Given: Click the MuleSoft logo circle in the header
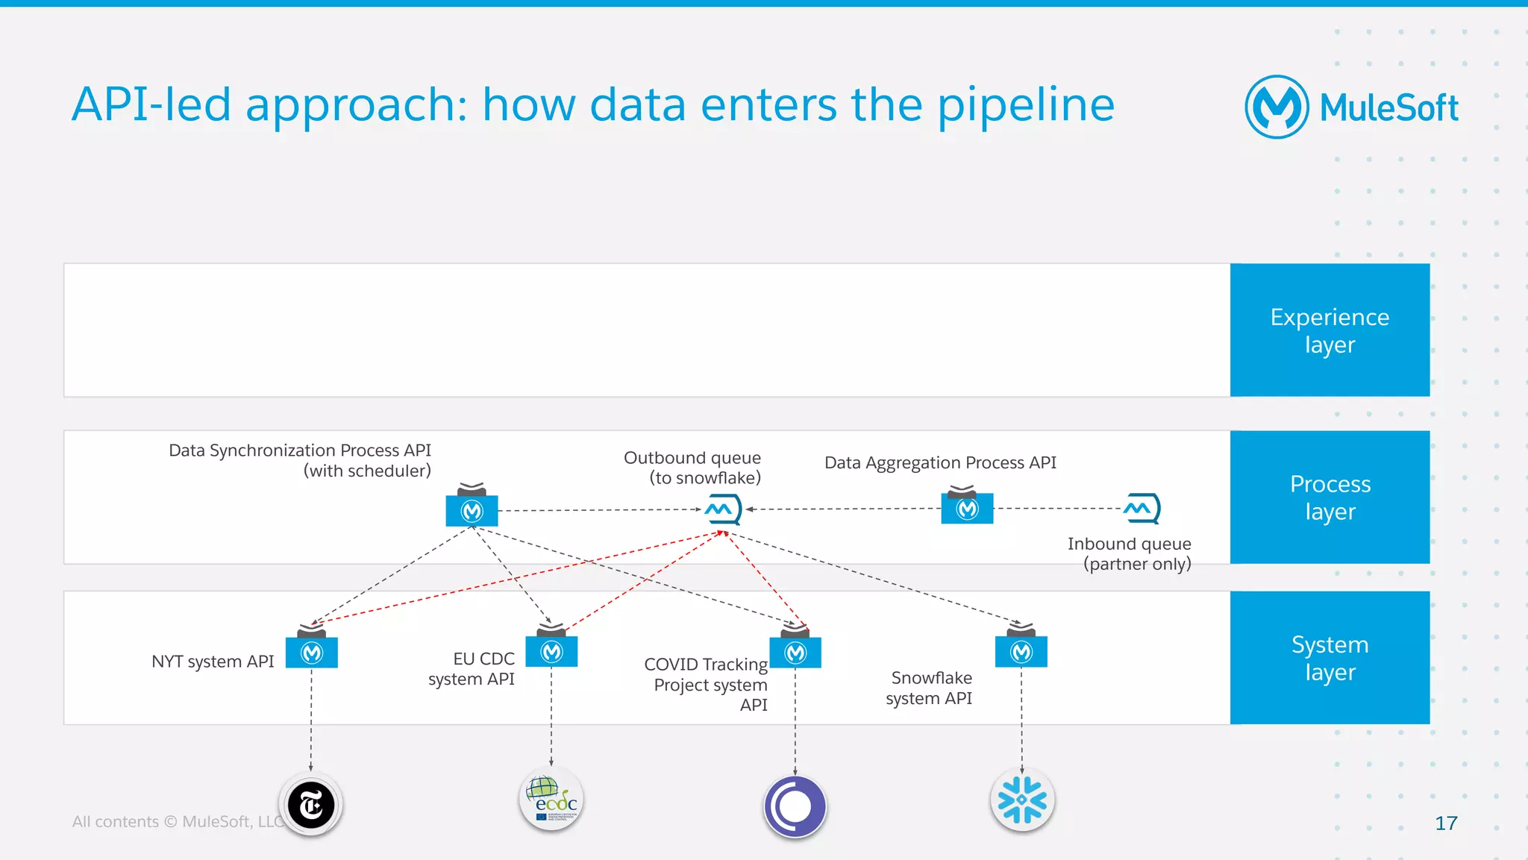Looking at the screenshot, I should coord(1277,107).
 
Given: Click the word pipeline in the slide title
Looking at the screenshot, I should coord(1025,104).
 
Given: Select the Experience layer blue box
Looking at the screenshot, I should coord(1330,330).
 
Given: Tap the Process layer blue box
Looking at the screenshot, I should coord(1330,497).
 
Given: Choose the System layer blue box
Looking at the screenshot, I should coord(1330,657).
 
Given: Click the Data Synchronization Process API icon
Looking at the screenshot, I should coord(472,509).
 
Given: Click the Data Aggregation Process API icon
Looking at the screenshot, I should coord(967,508).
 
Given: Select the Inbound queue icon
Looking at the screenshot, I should coord(1142,509).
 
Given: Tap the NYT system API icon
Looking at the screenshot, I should coord(312,651).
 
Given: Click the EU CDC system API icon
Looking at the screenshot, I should coord(551,650).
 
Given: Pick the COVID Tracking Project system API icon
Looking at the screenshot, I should coord(795,652).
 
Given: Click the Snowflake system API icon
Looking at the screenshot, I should coord(1021,650).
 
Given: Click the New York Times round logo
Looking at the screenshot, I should coord(311,805).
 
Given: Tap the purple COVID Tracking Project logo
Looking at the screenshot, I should coord(795,806).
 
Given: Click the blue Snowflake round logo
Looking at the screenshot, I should coord(1022,800).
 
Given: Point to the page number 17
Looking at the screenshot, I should coord(1445,823).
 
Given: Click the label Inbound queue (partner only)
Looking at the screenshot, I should coord(1129,553).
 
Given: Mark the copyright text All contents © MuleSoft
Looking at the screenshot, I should coord(176,821).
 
